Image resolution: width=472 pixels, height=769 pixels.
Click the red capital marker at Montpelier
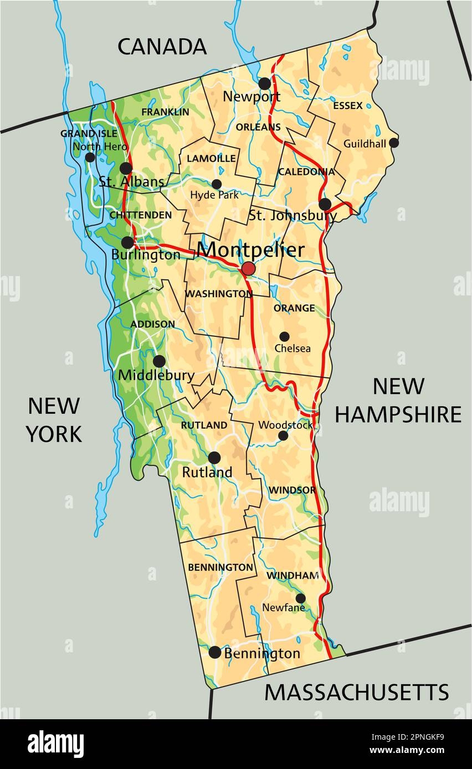tap(248, 269)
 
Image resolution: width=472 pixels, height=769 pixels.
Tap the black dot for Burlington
tap(127, 242)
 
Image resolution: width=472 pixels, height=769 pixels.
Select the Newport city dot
tap(265, 84)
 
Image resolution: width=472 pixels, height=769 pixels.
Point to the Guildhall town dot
tap(394, 143)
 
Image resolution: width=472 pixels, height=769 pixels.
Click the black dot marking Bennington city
tap(215, 652)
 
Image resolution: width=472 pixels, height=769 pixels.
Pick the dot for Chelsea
tap(284, 336)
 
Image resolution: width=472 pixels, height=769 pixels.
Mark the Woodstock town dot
tap(283, 435)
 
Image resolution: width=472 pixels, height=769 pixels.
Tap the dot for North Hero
tap(90, 157)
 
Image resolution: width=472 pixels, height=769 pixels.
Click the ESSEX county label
tap(348, 105)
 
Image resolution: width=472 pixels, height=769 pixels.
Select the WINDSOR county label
tap(292, 490)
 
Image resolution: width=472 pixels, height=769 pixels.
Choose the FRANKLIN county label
tap(165, 112)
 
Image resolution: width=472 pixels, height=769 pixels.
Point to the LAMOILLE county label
tap(211, 158)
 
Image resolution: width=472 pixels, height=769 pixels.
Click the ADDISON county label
tap(152, 324)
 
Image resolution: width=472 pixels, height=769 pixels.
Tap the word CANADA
tap(162, 47)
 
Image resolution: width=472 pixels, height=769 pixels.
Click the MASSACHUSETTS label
tap(356, 692)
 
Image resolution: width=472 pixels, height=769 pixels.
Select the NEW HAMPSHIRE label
tap(398, 400)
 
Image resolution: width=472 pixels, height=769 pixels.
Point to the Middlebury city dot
tap(159, 361)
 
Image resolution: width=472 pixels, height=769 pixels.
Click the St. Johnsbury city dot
tap(325, 204)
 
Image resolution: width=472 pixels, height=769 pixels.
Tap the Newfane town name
tap(284, 607)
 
